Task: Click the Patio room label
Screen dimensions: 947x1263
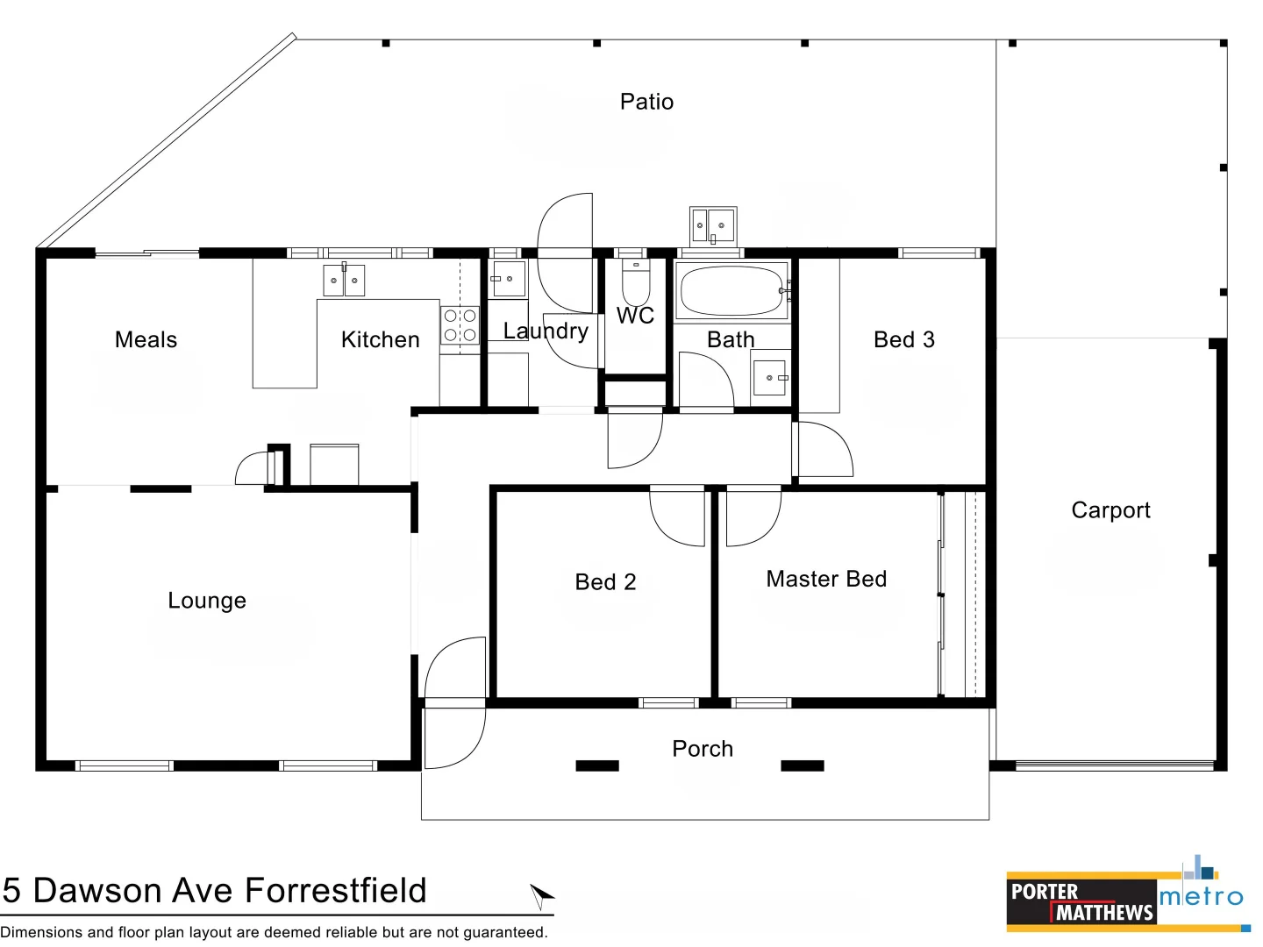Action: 646,102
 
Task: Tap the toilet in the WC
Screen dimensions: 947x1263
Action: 636,282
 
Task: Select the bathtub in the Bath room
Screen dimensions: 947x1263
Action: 731,291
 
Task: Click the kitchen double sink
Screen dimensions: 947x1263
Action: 344,281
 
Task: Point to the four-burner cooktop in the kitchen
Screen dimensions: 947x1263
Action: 460,324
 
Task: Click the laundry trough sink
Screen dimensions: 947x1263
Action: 508,279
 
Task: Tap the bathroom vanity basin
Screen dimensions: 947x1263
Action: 770,378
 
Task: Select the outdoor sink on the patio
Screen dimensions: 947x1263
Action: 712,226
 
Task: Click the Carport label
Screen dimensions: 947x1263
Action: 1110,510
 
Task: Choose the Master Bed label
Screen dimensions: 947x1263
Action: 826,579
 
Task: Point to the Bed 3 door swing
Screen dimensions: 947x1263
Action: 824,449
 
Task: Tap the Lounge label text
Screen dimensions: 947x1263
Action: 207,601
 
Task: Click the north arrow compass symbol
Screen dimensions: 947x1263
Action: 541,895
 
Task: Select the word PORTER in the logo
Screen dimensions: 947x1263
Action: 1044,892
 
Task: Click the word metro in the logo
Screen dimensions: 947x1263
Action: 1201,897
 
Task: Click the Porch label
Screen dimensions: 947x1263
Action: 702,749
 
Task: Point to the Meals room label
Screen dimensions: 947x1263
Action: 146,340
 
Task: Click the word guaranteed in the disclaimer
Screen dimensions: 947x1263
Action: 503,932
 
